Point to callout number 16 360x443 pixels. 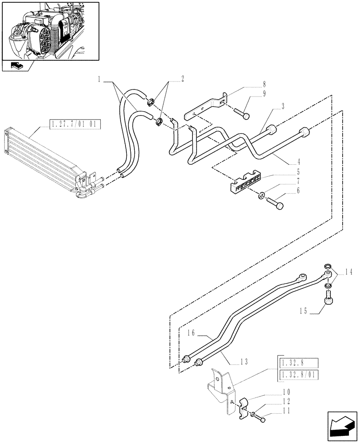coord(191,331)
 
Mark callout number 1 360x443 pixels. coord(100,79)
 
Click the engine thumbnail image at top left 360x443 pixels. coord(50,31)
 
